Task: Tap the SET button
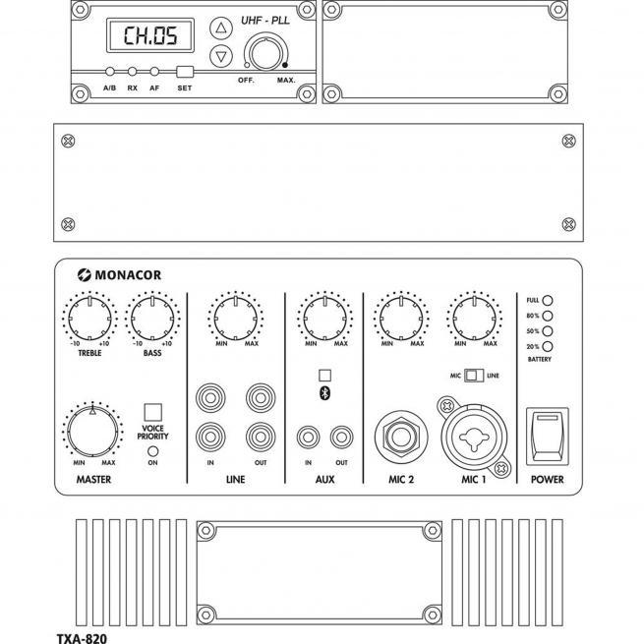pyautogui.click(x=184, y=72)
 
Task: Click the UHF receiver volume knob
pyautogui.click(x=264, y=52)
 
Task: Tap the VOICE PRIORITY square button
pyautogui.click(x=152, y=411)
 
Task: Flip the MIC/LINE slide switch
pyautogui.click(x=474, y=376)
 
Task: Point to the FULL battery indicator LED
pyautogui.click(x=549, y=300)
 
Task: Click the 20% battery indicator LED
pyautogui.click(x=549, y=347)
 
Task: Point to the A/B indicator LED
pyautogui.click(x=110, y=72)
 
